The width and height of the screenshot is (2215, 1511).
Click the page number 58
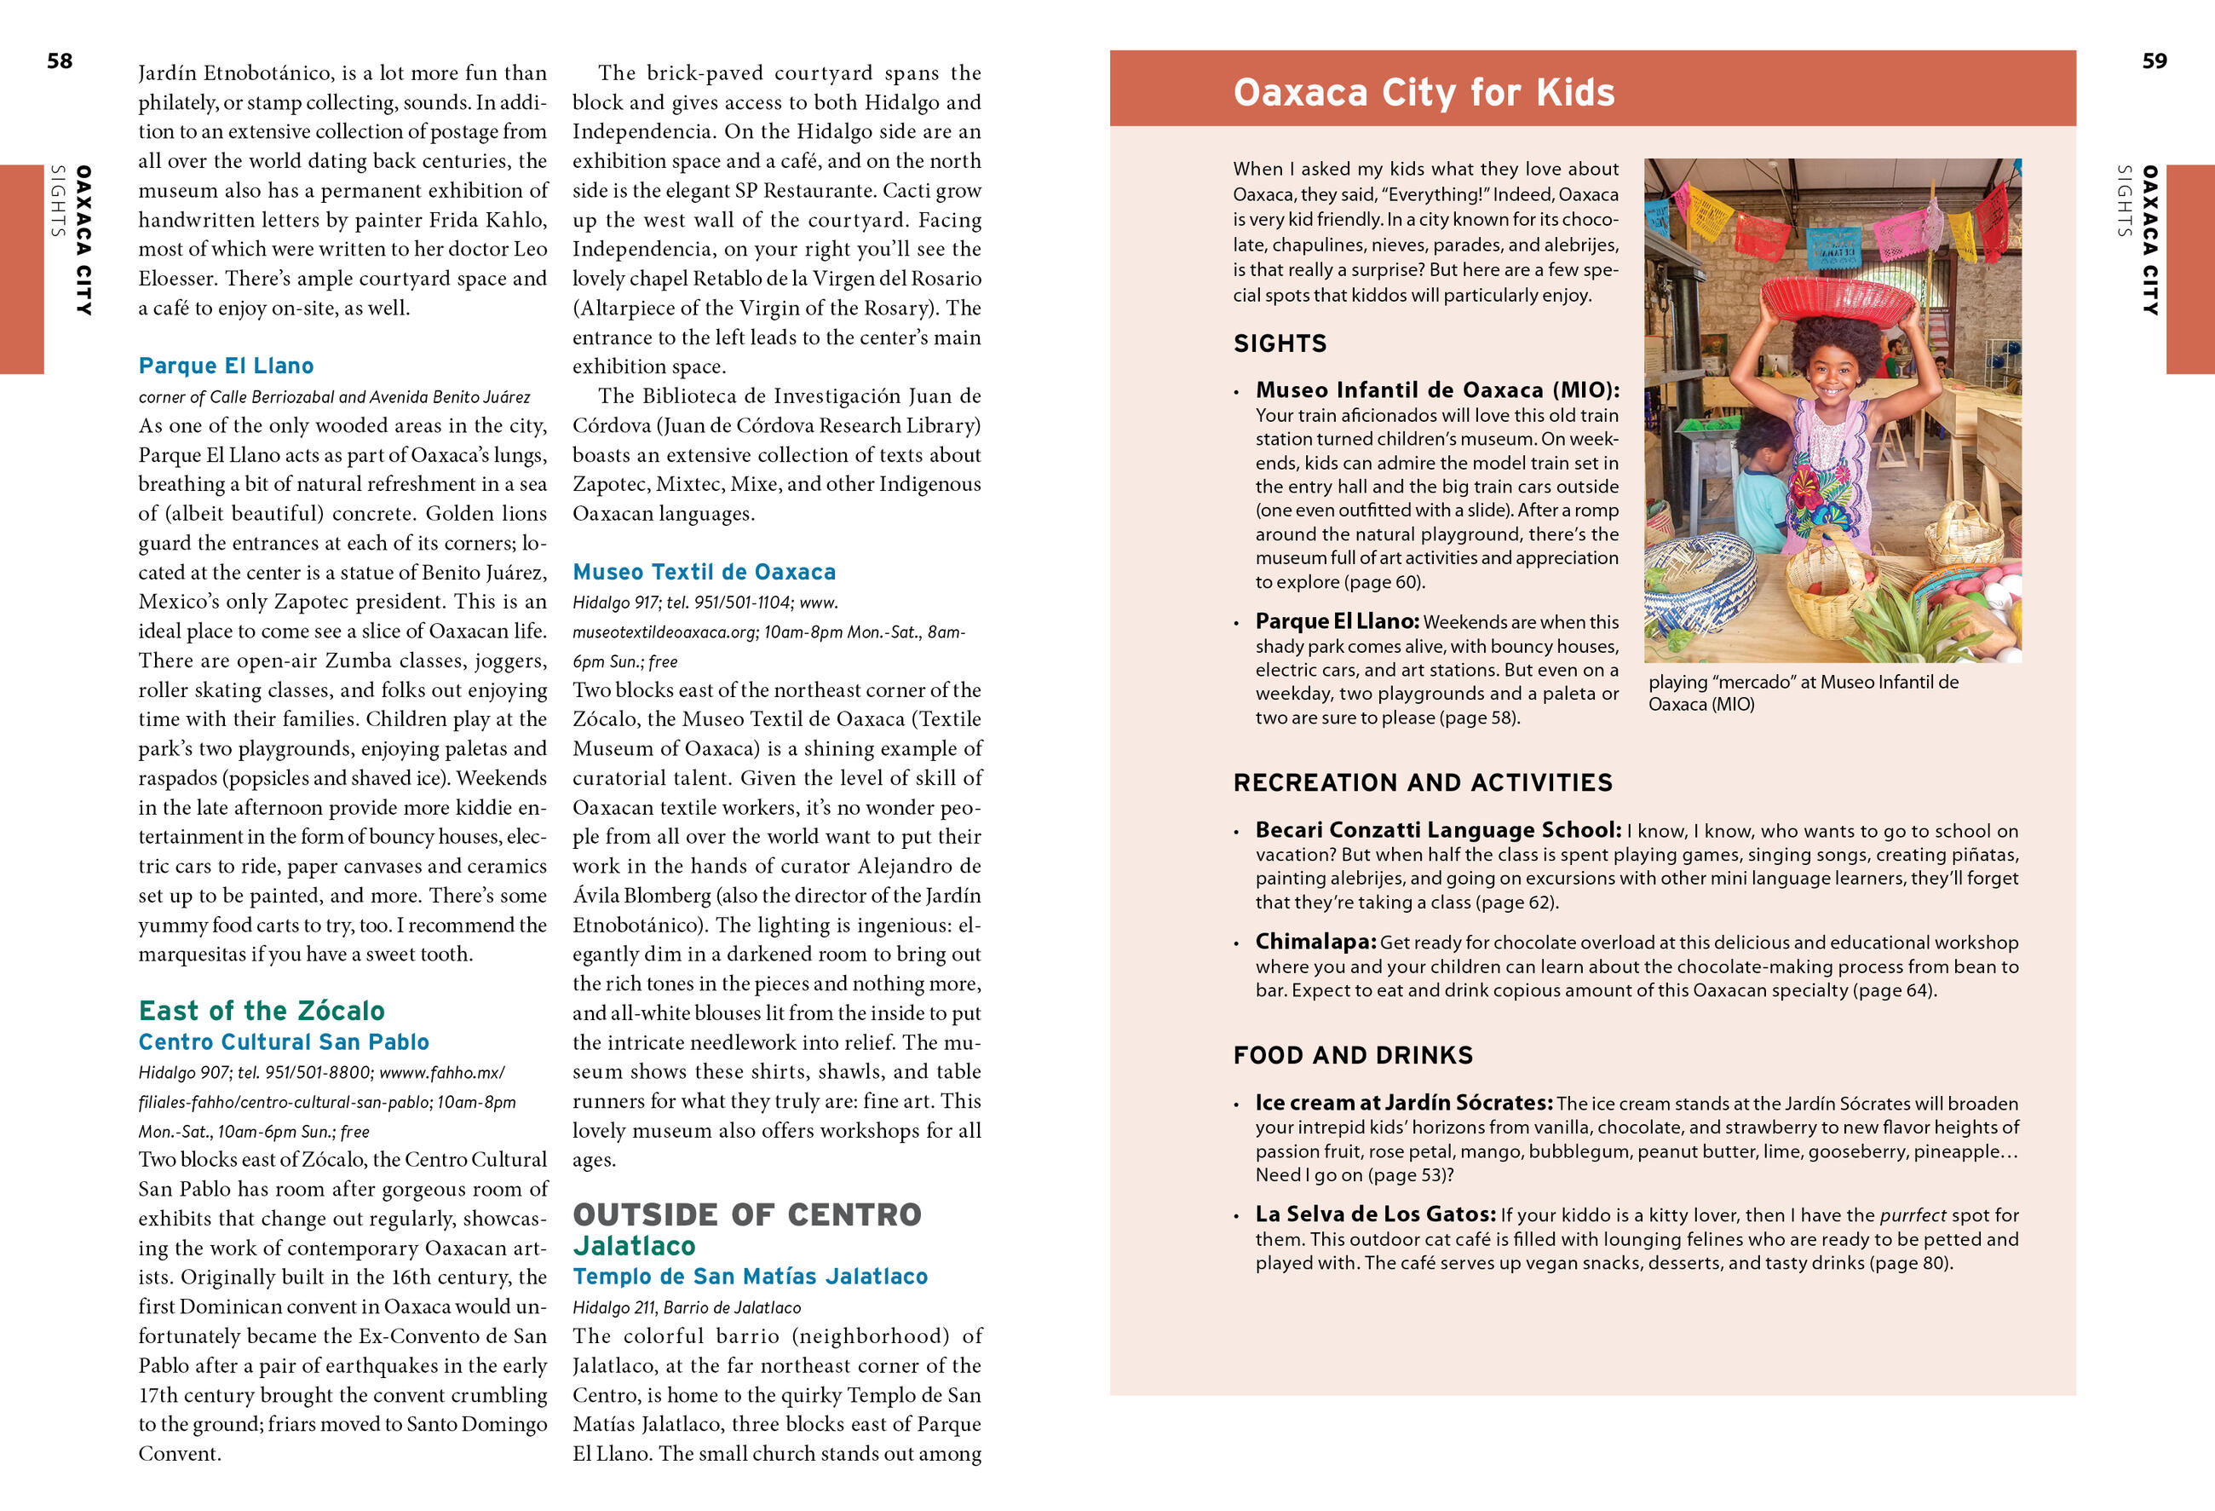tap(59, 61)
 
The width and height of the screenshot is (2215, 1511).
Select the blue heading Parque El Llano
tap(226, 366)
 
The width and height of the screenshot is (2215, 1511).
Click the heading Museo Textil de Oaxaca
tap(705, 572)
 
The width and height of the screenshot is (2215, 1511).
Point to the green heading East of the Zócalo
tap(262, 1011)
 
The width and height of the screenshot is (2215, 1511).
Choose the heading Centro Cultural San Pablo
tap(284, 1042)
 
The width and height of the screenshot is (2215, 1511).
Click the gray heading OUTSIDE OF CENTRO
tap(747, 1214)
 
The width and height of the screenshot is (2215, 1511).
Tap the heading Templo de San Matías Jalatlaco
tap(750, 1277)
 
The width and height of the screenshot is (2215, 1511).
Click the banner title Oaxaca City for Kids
tap(1424, 93)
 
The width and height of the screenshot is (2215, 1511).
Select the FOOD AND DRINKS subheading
tap(1354, 1055)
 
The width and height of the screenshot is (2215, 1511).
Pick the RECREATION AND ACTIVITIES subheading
tap(1423, 782)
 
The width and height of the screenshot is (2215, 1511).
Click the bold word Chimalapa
tap(1315, 942)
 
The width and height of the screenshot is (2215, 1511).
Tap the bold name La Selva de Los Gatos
tap(1375, 1214)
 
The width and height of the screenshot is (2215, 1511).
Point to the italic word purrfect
tap(1913, 1215)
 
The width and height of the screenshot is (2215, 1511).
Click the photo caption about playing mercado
tap(1804, 693)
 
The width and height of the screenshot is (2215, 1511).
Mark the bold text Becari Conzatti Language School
tap(1437, 830)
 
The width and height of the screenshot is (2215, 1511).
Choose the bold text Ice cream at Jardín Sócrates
tap(1404, 1103)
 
